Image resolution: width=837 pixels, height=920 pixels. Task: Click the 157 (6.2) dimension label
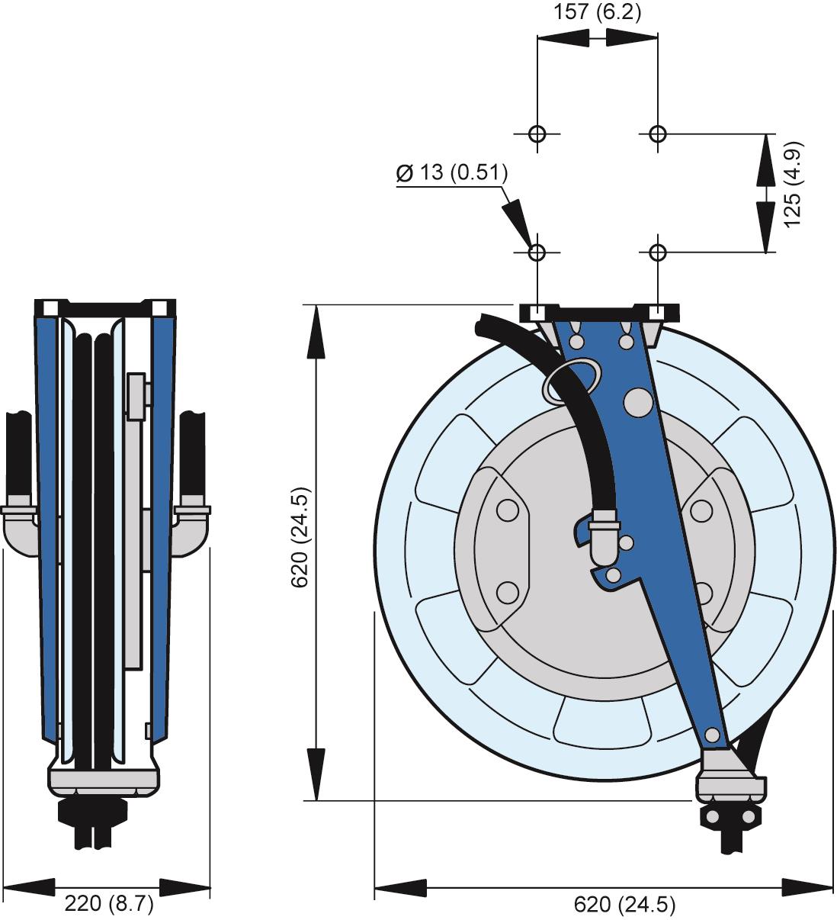click(598, 12)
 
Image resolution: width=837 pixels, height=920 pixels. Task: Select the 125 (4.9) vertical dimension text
click(791, 184)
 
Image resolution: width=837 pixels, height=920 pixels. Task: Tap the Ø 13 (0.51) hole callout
click(452, 173)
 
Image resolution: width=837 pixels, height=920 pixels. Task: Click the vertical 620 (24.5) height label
click(302, 538)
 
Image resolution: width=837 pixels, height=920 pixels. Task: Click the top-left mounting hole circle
click(537, 134)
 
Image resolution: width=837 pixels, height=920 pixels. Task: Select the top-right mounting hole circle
click(658, 134)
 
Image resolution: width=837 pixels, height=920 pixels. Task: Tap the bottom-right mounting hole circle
click(658, 253)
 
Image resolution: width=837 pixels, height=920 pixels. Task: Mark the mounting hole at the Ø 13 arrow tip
click(537, 253)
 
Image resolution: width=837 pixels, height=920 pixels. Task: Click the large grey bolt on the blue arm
click(639, 402)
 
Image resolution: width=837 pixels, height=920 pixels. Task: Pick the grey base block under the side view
click(104, 777)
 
